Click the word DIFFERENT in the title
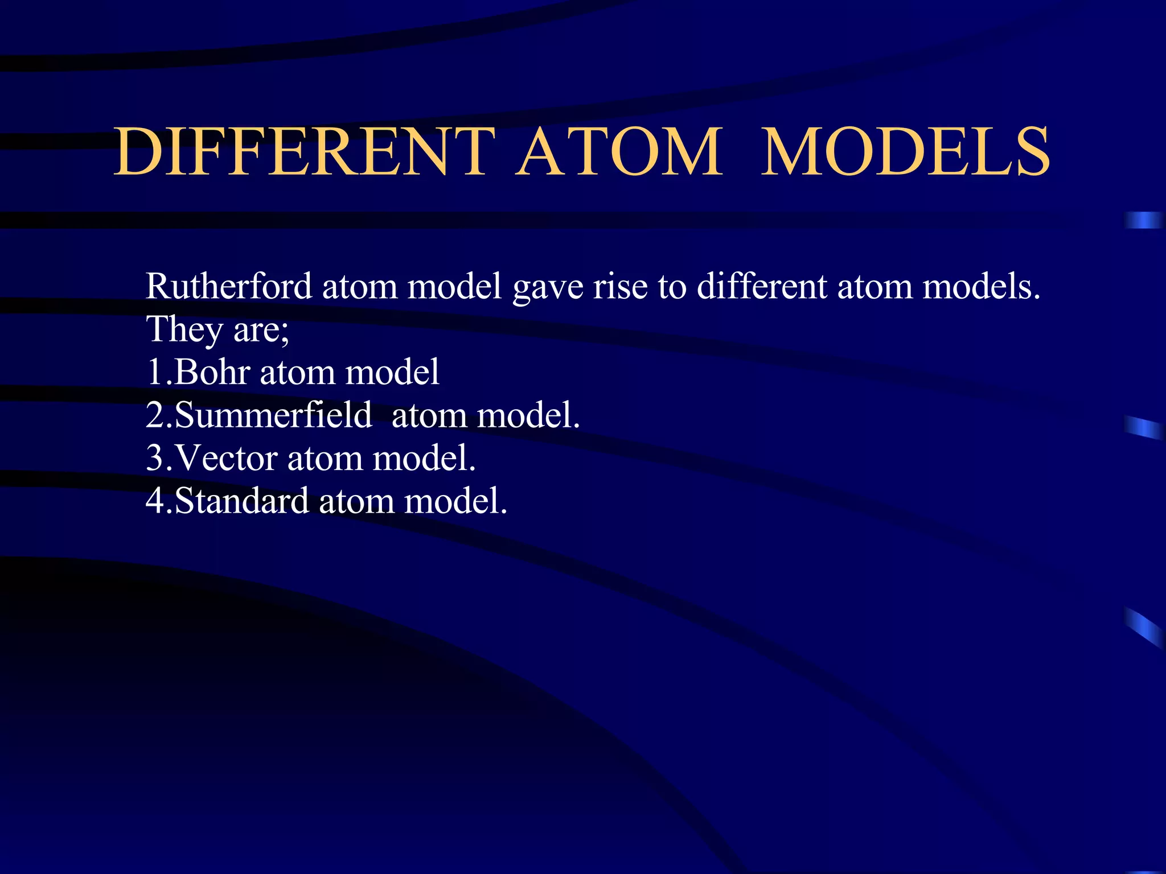(305, 152)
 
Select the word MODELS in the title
(905, 152)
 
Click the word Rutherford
(228, 286)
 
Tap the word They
(184, 329)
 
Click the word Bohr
(212, 372)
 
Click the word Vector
(227, 458)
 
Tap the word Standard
(241, 501)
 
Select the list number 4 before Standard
(155, 501)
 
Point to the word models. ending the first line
(981, 286)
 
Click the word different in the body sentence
(762, 286)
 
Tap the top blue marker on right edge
(1143, 220)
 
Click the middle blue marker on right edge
(1143, 427)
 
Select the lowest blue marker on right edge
(1143, 627)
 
